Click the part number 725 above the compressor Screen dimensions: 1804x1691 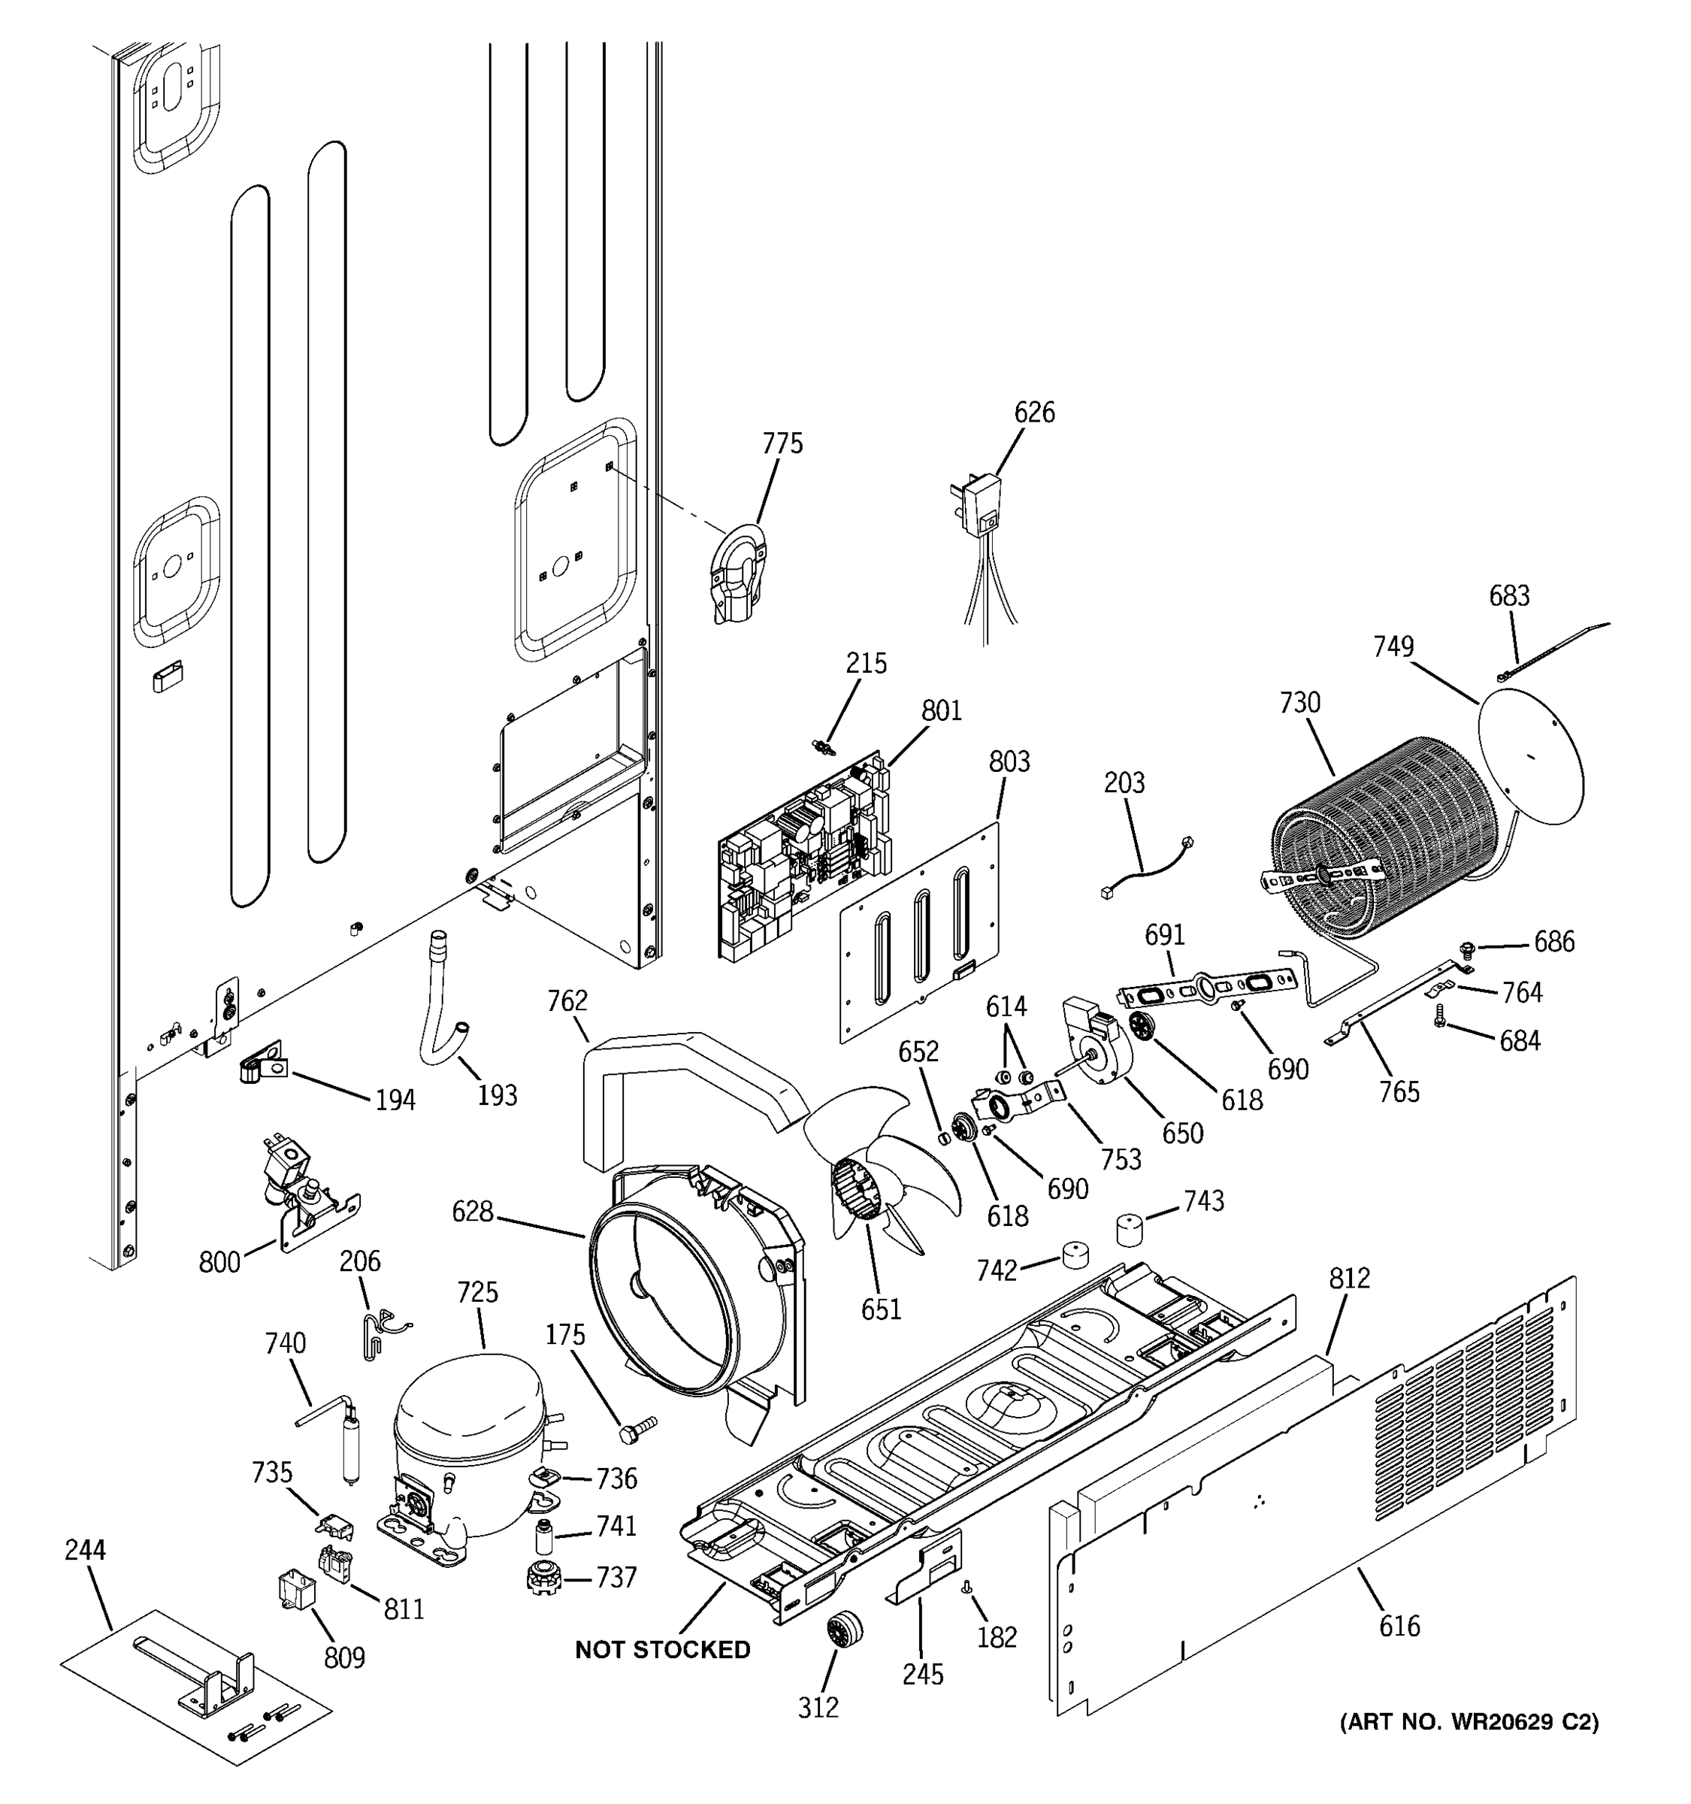point(477,1292)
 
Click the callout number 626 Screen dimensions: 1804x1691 point(1034,413)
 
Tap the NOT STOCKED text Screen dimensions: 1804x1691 point(662,1650)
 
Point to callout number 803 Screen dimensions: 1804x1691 point(1009,761)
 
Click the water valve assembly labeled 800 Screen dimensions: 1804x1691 point(299,1188)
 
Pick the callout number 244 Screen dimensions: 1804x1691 point(85,1550)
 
